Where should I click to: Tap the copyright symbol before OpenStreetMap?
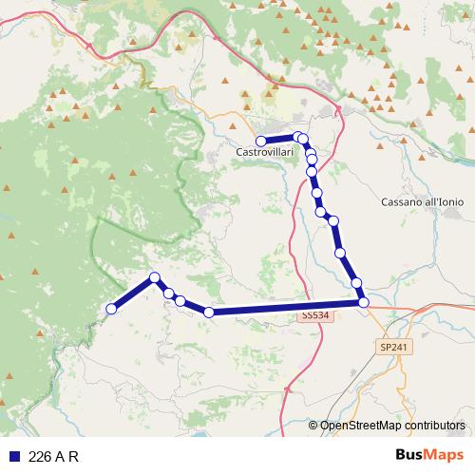pos(313,426)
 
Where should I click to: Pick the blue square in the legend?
pos(14,456)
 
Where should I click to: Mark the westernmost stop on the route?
pos(111,309)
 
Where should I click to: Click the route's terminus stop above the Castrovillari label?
pos(261,141)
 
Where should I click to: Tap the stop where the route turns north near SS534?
pos(364,302)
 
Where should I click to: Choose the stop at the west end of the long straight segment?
pos(209,312)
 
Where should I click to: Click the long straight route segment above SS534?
pos(285,307)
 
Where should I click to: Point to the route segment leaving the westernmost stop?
pos(132,294)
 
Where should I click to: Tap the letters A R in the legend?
pos(67,456)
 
